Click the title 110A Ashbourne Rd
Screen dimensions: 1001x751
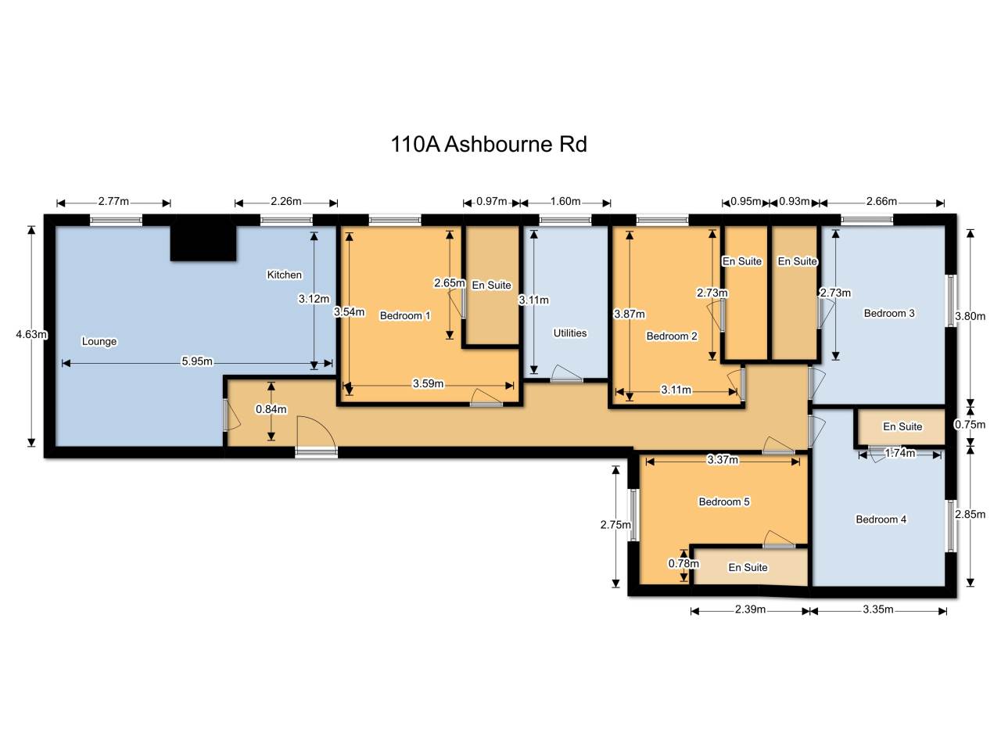(489, 144)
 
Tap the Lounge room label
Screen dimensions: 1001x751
(99, 341)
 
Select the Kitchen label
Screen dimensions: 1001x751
(284, 275)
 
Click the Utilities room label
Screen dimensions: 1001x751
(570, 333)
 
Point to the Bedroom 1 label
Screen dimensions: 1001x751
(405, 315)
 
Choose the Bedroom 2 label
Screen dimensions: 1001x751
(672, 336)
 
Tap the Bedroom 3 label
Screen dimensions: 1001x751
(889, 313)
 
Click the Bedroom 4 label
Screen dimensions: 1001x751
(881, 519)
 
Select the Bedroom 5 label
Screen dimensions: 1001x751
(724, 501)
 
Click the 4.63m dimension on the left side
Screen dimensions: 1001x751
(31, 334)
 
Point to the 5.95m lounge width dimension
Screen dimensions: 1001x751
(197, 361)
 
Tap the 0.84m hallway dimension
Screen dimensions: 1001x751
(271, 409)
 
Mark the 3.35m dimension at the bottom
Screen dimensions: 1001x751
(878, 609)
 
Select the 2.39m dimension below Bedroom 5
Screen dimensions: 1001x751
(750, 609)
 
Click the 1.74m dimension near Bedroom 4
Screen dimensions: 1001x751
(900, 453)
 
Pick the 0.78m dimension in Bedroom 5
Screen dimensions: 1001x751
(683, 563)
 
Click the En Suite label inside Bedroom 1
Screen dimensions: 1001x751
(492, 285)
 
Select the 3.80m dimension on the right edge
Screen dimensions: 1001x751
(970, 316)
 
